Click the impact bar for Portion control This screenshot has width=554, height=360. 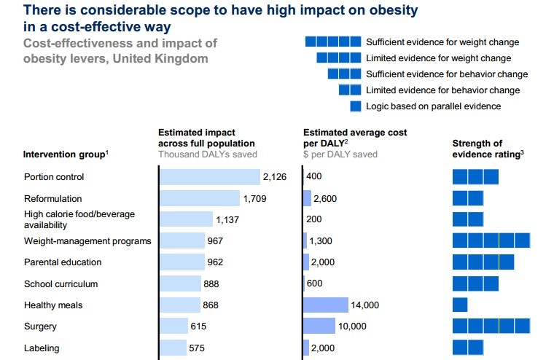(210, 177)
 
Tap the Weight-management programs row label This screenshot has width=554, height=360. (87, 240)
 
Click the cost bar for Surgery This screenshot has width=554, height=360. (319, 326)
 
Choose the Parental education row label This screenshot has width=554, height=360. (63, 262)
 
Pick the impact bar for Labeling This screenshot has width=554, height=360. (173, 348)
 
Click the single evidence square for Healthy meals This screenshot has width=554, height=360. (460, 305)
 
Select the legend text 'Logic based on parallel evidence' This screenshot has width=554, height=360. (433, 106)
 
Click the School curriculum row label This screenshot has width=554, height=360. (61, 284)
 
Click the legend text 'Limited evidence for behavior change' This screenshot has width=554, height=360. (442, 90)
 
